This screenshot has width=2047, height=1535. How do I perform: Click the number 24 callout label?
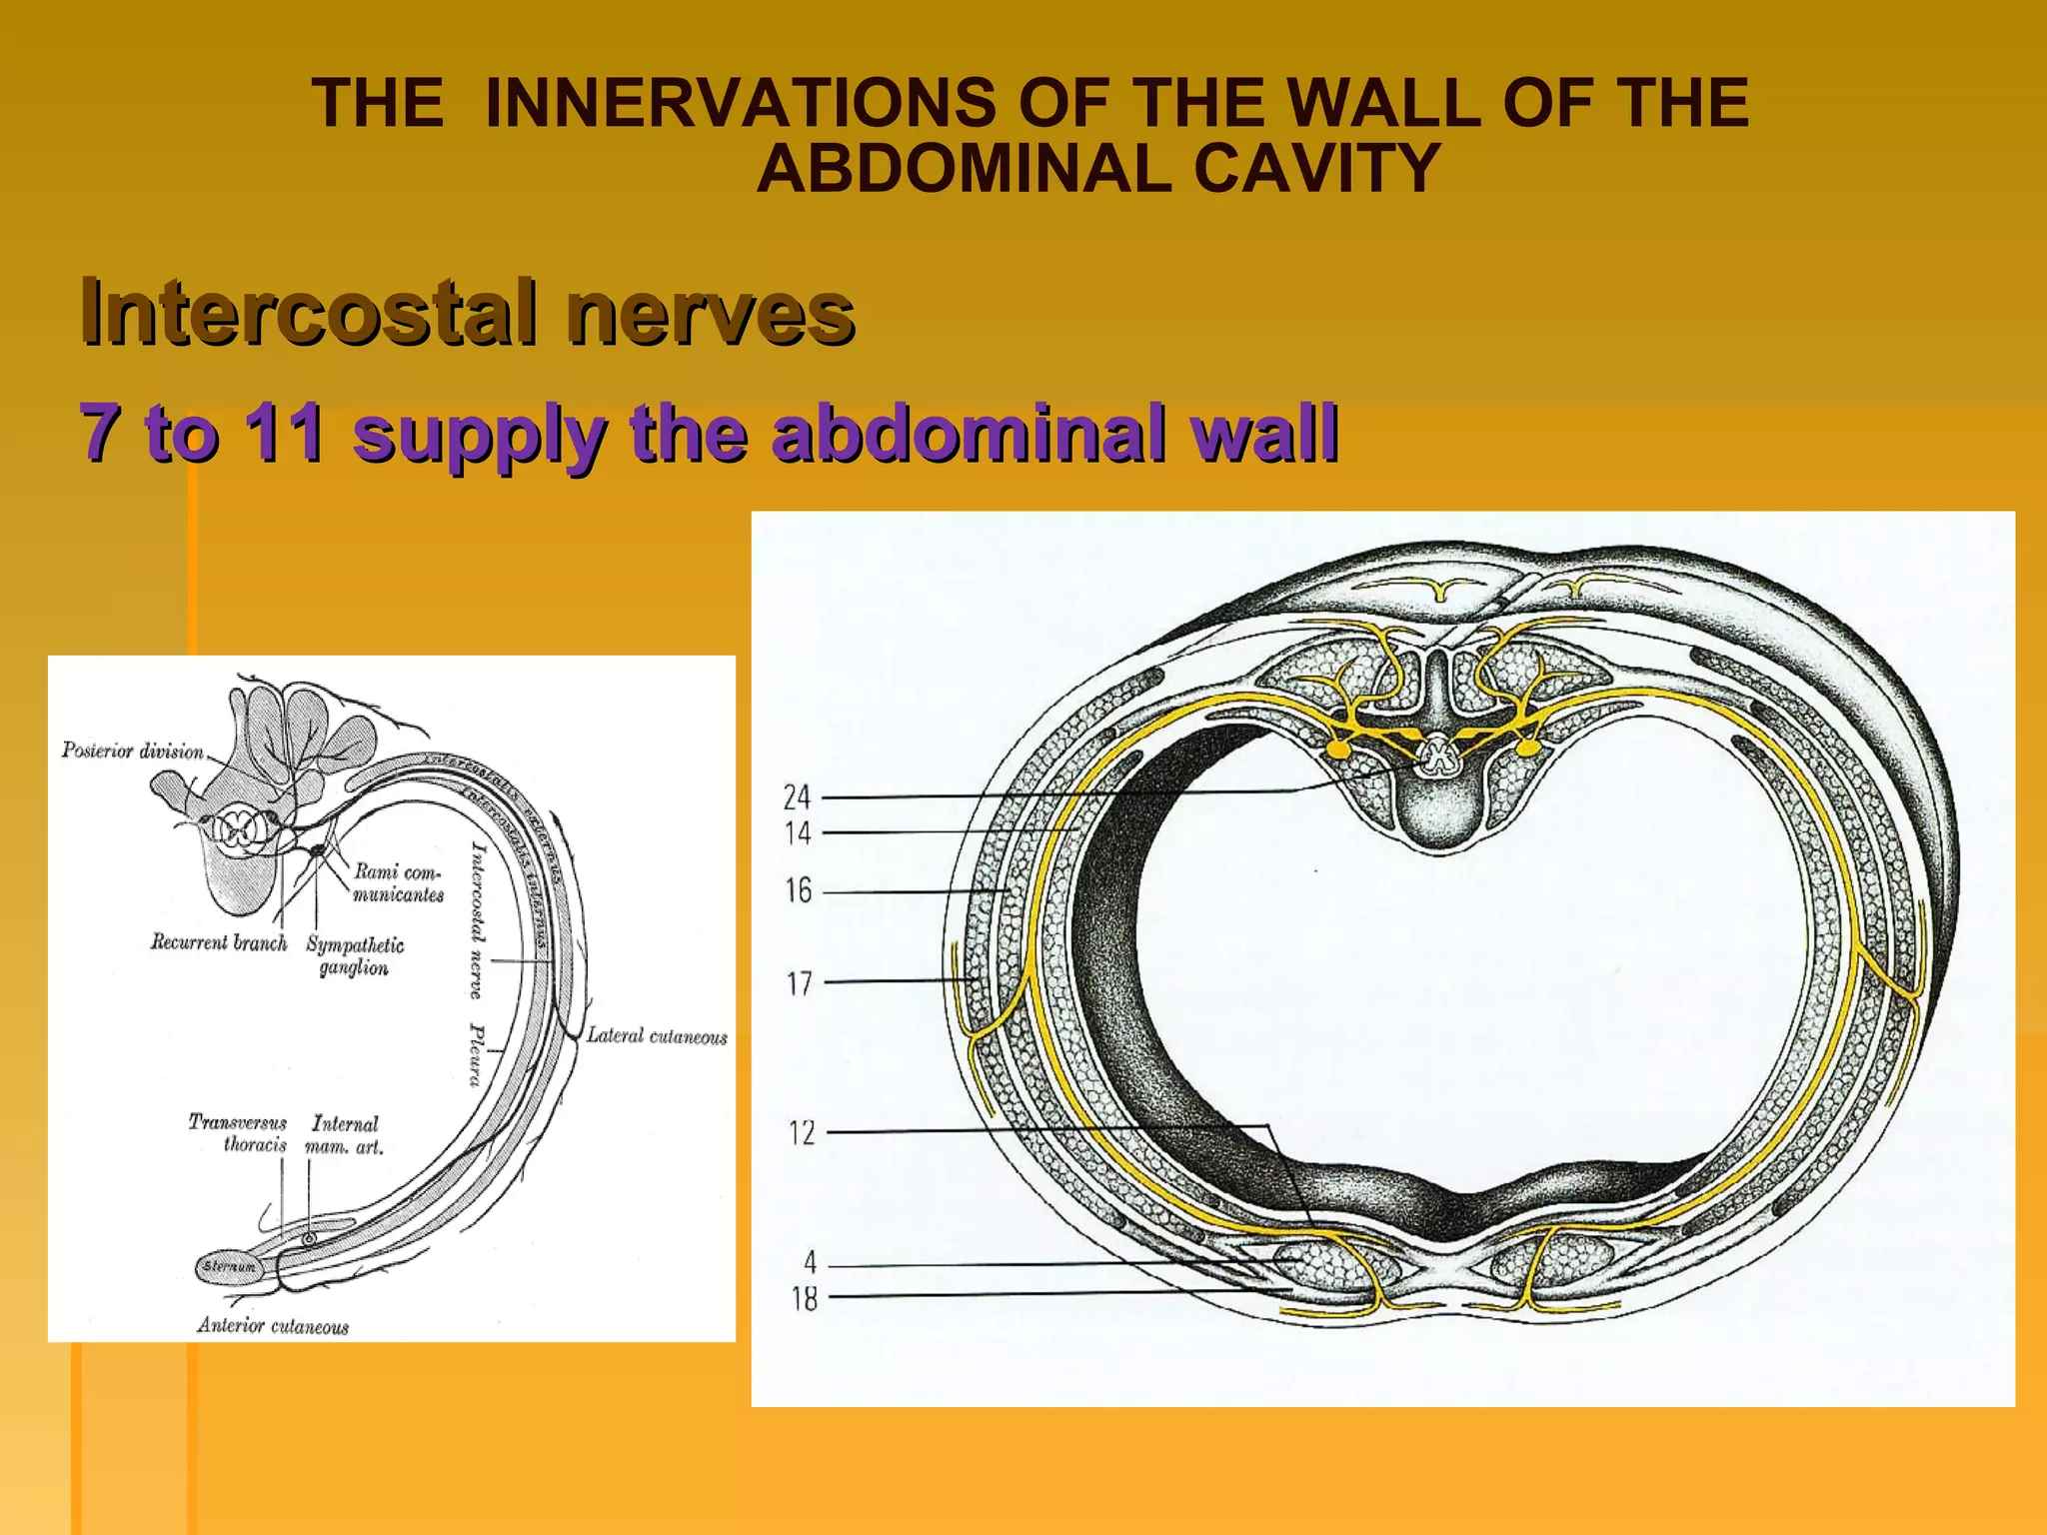pos(797,797)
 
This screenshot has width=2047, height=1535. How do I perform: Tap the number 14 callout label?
pos(798,833)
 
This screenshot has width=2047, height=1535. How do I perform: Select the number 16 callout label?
pos(799,890)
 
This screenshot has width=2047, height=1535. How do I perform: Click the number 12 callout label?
pos(802,1133)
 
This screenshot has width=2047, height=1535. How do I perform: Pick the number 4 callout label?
pos(810,1263)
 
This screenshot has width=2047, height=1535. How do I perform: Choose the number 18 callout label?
pos(805,1299)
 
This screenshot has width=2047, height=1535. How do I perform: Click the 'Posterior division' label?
pos(133,751)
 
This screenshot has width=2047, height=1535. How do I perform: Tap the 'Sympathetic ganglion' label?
pos(355,956)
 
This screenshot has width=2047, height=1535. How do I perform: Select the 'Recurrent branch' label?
pos(219,942)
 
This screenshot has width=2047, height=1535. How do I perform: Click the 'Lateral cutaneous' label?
pos(657,1036)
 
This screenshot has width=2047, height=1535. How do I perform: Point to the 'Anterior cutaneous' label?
pos(273,1326)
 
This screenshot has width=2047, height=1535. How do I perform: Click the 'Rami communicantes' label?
pos(398,883)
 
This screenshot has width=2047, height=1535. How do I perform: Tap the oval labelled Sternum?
pos(229,1266)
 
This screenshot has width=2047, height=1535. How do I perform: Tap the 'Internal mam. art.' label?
pos(345,1135)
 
